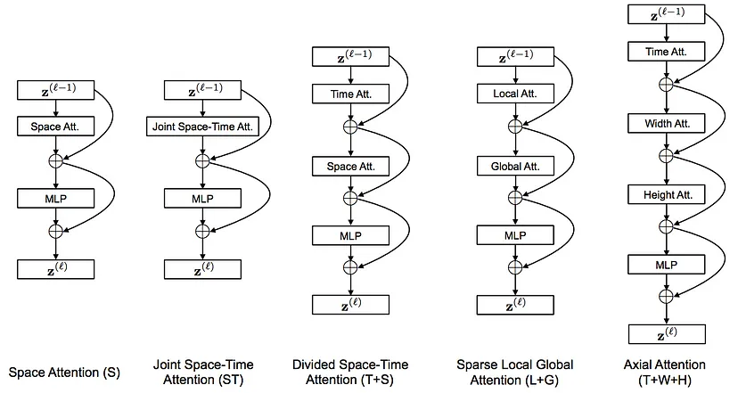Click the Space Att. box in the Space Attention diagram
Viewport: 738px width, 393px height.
(x=55, y=127)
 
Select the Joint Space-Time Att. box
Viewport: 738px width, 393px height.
(x=202, y=127)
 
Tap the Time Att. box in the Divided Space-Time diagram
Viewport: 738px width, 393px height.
(x=350, y=94)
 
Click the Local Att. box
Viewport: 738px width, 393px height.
(x=515, y=94)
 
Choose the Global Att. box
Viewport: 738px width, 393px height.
(x=515, y=166)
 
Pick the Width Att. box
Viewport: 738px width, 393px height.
(x=667, y=123)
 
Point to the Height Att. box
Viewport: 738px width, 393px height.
(x=667, y=194)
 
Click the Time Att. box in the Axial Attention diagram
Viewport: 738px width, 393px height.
(x=667, y=52)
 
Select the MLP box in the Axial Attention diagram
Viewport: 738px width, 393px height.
(x=667, y=265)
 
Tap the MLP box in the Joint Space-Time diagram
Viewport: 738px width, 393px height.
(x=202, y=199)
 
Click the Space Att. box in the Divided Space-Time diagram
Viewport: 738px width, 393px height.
(x=350, y=166)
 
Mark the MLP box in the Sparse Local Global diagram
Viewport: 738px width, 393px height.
(x=515, y=235)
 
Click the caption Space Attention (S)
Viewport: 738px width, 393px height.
(x=64, y=373)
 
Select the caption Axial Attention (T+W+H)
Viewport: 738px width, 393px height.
(x=665, y=372)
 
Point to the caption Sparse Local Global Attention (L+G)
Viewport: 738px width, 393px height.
(x=515, y=372)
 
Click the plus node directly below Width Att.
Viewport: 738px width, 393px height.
(x=666, y=155)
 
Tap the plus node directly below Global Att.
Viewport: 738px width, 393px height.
(x=515, y=198)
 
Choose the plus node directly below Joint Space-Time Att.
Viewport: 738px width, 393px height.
(x=202, y=161)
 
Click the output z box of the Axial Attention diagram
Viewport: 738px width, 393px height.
(x=667, y=335)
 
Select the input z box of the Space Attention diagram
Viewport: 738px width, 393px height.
(x=55, y=90)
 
